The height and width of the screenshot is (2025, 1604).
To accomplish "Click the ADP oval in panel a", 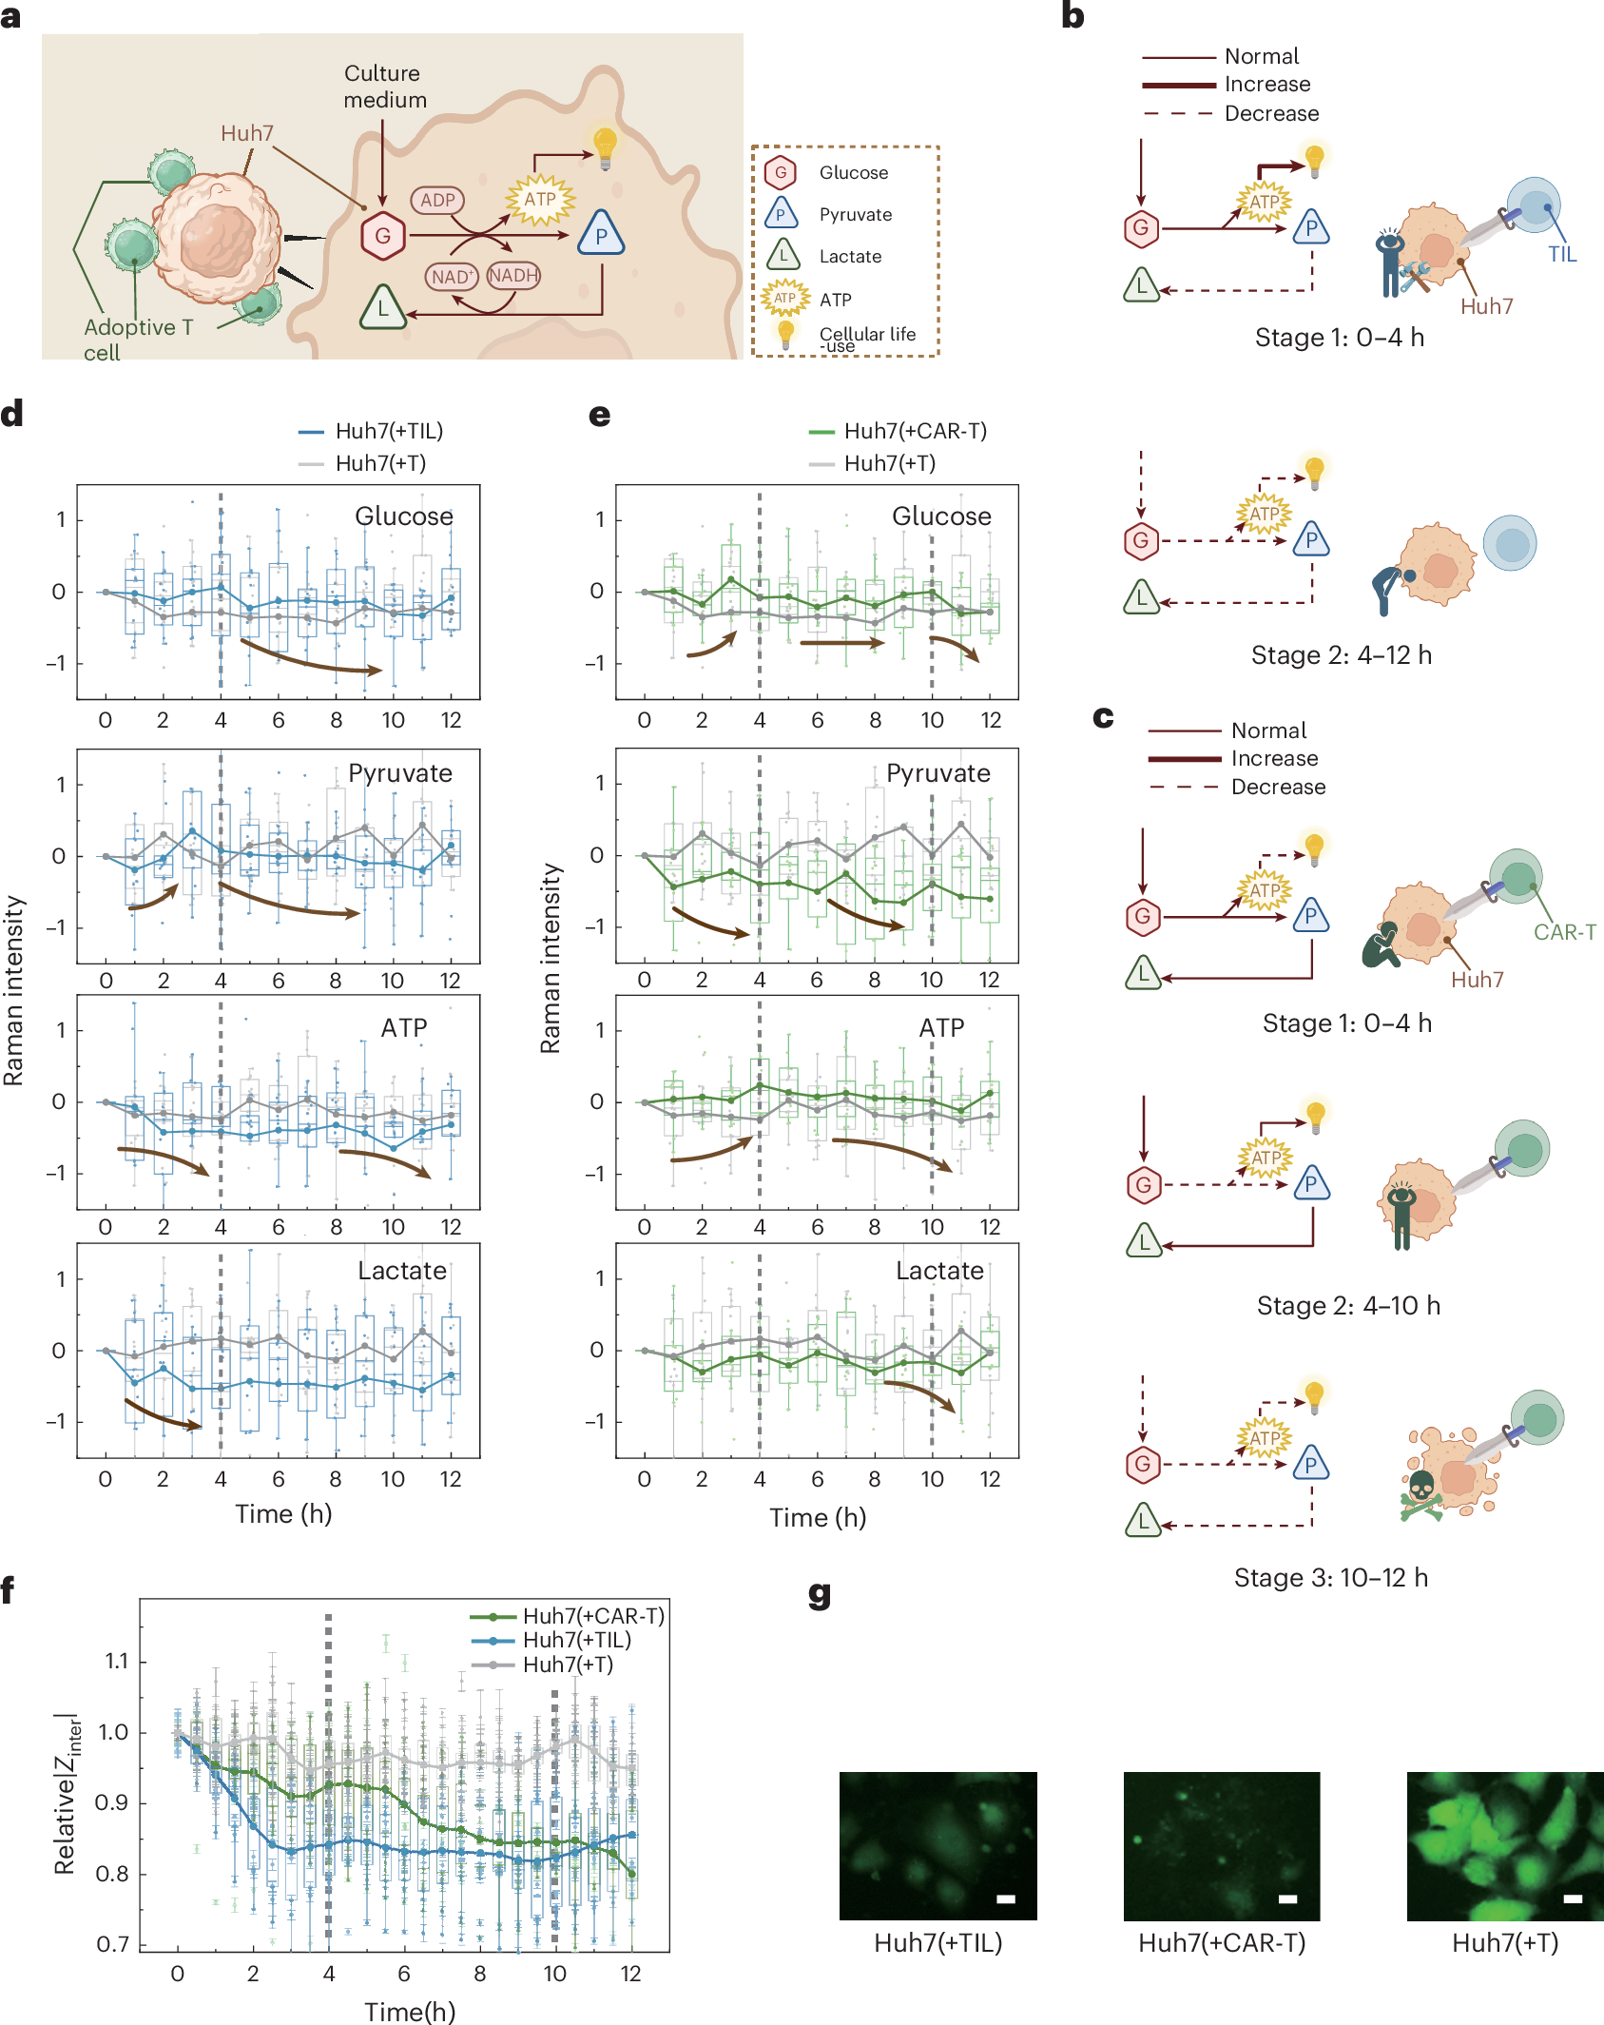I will (x=437, y=201).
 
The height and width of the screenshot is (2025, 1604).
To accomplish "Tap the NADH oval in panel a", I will (x=513, y=276).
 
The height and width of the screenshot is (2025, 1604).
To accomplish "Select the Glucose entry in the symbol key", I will (x=853, y=172).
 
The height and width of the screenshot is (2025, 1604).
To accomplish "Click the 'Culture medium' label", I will (x=384, y=87).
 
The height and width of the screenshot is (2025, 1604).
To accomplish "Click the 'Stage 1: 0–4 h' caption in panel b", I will (x=1339, y=338).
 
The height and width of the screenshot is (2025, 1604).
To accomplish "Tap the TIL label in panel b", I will (x=1561, y=254).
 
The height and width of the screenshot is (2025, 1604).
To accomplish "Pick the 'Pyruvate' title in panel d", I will (x=399, y=773).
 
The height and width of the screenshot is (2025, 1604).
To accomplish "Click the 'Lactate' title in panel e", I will (x=939, y=1271).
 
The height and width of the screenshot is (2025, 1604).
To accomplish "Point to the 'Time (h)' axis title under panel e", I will (x=818, y=1517).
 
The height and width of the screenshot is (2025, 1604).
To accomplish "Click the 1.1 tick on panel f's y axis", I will (x=116, y=1662).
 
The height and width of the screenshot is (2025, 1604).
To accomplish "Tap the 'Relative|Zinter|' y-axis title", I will (x=67, y=1794).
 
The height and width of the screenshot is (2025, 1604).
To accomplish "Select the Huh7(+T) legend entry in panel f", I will (x=568, y=1665).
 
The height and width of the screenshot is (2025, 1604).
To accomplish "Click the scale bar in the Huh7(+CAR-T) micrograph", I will (x=1287, y=1899).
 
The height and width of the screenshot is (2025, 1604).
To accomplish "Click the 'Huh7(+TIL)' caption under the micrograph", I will (x=937, y=1942).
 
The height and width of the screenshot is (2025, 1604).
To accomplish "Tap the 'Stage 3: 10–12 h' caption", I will (x=1330, y=1578).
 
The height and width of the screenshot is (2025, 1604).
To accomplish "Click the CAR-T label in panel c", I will (x=1564, y=932).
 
